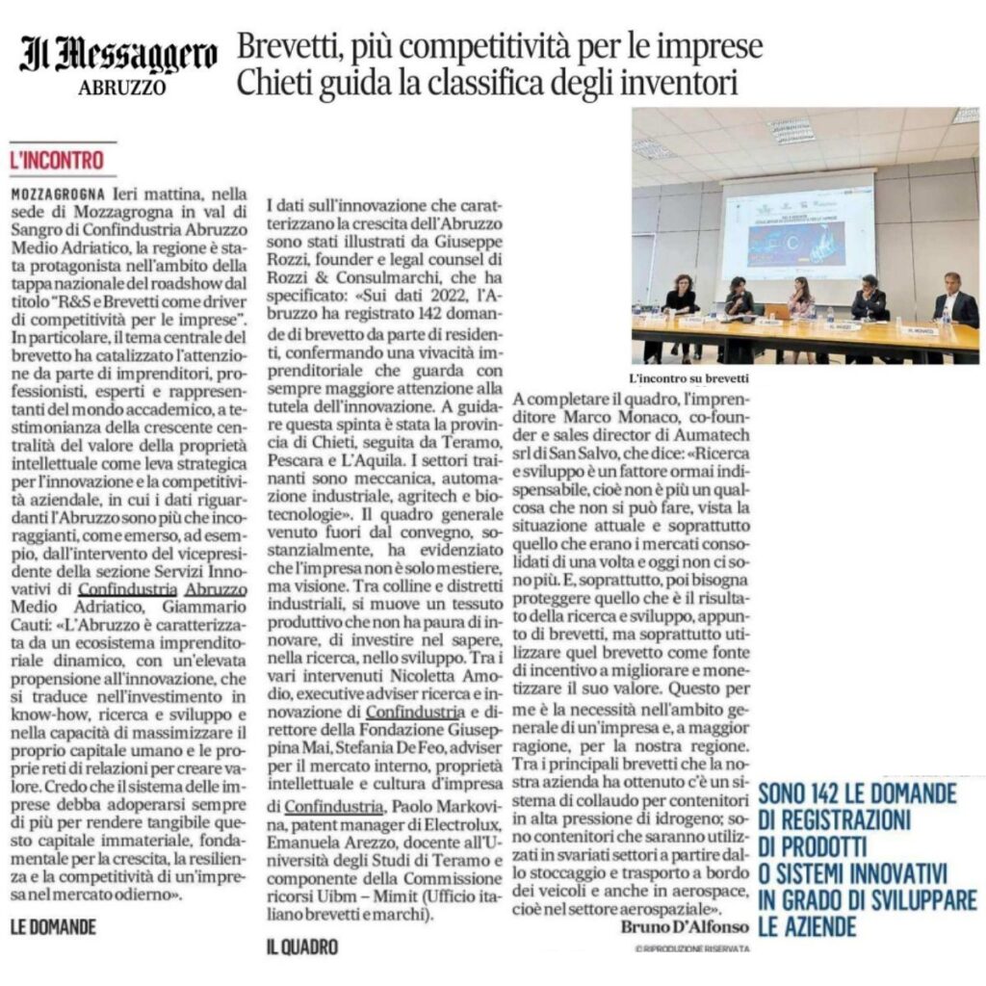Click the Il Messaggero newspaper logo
(118, 56)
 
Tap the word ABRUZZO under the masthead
(122, 88)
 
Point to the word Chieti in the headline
(278, 84)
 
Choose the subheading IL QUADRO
(302, 947)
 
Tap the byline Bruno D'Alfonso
(666, 926)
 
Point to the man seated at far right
(954, 306)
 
